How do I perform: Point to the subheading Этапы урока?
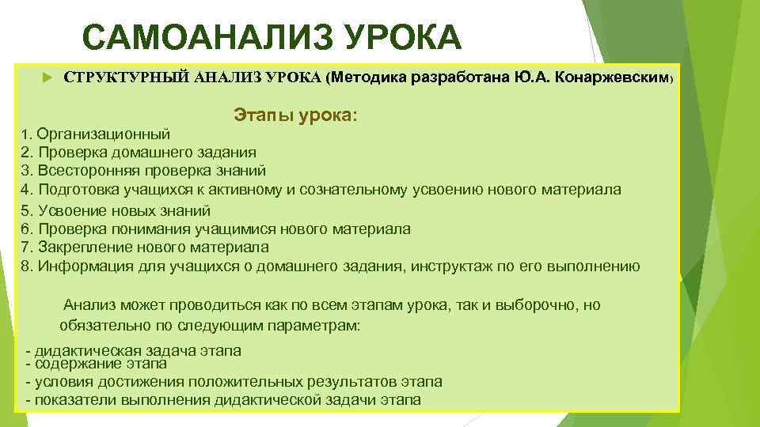click(295, 115)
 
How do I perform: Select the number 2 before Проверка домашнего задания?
click(25, 152)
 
